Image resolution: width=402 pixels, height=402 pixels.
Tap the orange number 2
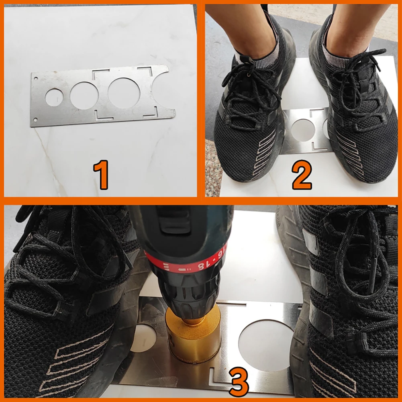coord(302,175)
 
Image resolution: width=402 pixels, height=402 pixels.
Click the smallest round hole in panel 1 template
coord(54,97)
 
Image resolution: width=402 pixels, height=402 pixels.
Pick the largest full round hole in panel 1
coord(124,93)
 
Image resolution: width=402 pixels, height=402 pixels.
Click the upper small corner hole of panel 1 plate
coord(36,78)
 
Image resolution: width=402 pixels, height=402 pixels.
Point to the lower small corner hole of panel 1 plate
coord(35,119)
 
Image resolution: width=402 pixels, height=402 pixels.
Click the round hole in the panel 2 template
coord(303,130)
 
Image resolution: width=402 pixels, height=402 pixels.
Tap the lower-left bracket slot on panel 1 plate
coord(104,116)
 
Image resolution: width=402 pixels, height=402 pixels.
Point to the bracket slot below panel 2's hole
coord(318,147)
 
